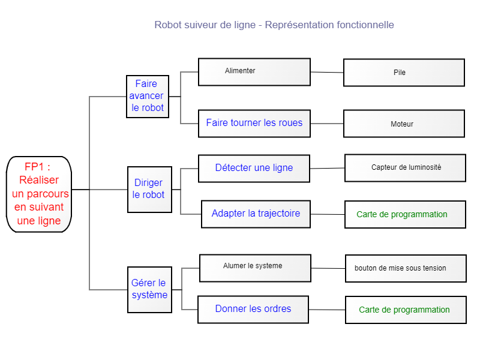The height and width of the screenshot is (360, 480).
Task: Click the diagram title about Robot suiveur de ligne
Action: pyautogui.click(x=274, y=25)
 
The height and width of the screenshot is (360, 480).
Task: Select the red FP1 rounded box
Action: pyautogui.click(x=39, y=194)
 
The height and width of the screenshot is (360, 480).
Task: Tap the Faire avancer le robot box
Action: pyautogui.click(x=148, y=97)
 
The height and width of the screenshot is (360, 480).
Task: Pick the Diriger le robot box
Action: pyautogui.click(x=149, y=190)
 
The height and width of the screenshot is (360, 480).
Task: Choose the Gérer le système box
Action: pyautogui.click(x=149, y=290)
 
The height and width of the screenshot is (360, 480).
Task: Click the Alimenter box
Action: pyautogui.click(x=254, y=72)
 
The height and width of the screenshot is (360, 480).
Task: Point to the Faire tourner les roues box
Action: pyautogui.click(x=254, y=124)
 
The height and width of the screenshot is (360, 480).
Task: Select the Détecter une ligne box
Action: pyautogui.click(x=254, y=169)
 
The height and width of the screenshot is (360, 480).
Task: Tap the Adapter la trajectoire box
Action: pyautogui.click(x=256, y=214)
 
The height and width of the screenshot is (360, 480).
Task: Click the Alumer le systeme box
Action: pyautogui.click(x=256, y=268)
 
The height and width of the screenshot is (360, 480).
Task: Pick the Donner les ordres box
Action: pyautogui.click(x=253, y=310)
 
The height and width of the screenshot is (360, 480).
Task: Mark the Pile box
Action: pyautogui.click(x=404, y=73)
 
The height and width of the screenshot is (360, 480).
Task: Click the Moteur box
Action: pyautogui.click(x=404, y=124)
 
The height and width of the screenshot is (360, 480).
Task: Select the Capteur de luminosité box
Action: pyautogui.click(x=406, y=168)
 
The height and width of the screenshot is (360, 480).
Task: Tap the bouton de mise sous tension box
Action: pyautogui.click(x=406, y=268)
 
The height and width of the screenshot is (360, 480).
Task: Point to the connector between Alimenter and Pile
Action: pyautogui.click(x=327, y=72)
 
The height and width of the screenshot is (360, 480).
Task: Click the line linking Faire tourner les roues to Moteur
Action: pyautogui.click(x=327, y=124)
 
